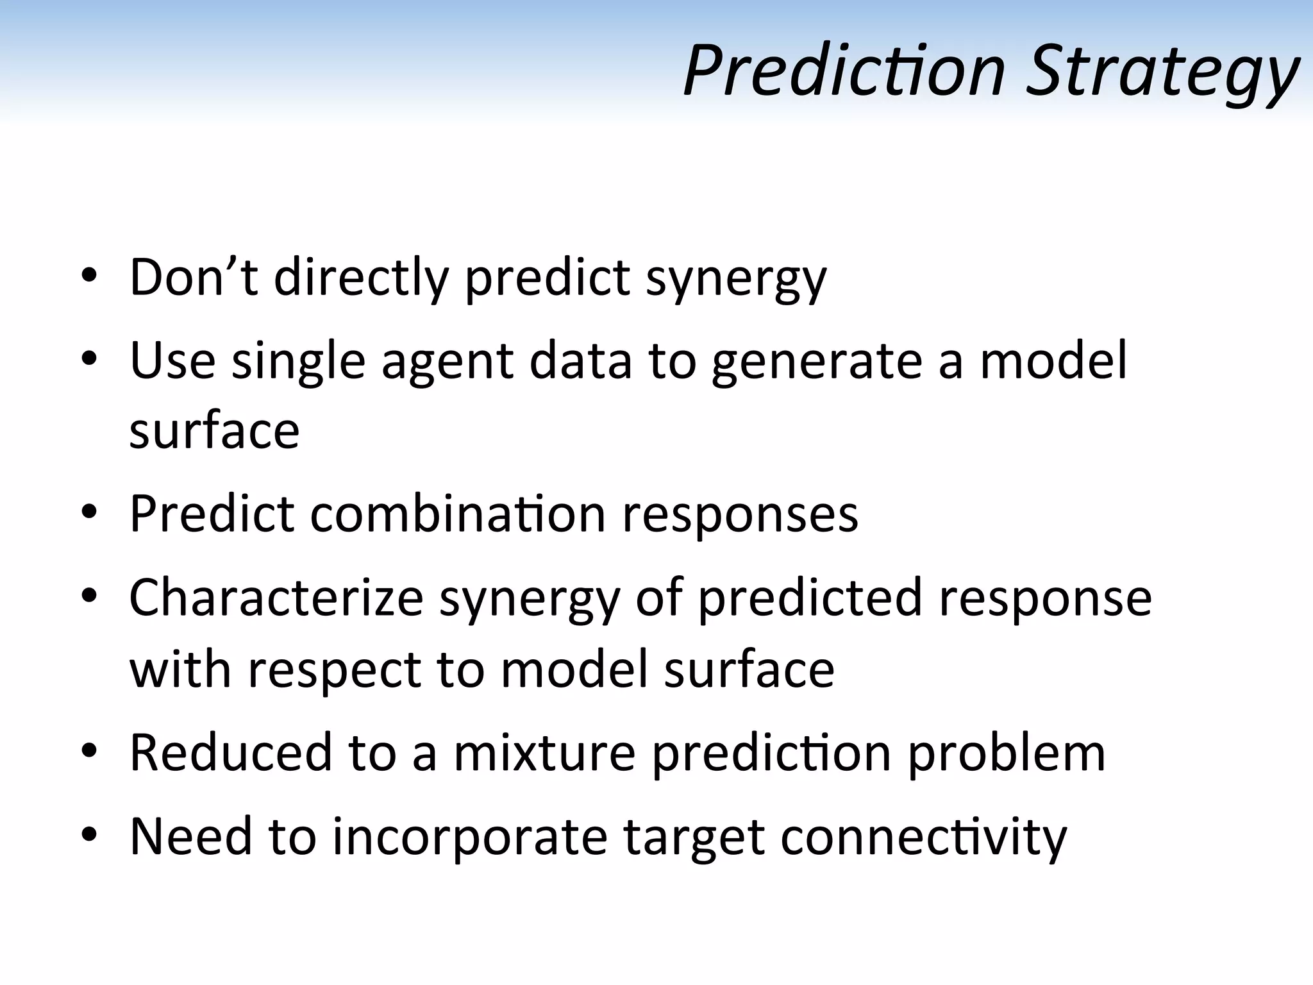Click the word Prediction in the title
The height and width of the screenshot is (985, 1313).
[x=844, y=71]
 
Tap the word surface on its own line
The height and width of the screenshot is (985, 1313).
[x=214, y=430]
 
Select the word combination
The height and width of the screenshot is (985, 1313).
[x=458, y=514]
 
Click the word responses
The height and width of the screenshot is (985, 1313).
[x=740, y=514]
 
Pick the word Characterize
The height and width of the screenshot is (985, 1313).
[x=276, y=598]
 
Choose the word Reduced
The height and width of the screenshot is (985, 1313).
[x=231, y=752]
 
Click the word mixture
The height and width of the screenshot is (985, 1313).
[x=544, y=752]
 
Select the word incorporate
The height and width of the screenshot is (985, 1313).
[x=469, y=838]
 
